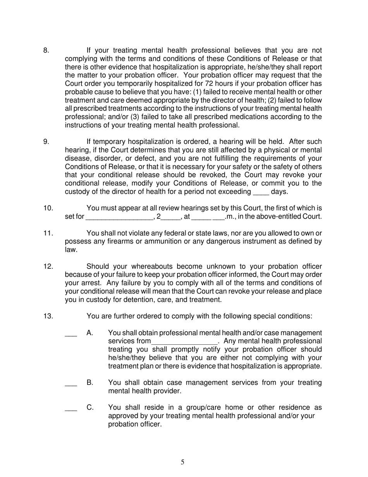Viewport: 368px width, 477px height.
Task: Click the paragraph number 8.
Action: [46, 50]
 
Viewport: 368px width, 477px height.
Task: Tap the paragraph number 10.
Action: [48, 208]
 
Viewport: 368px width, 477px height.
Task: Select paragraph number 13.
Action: [48, 316]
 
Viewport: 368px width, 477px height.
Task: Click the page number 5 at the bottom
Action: [182, 462]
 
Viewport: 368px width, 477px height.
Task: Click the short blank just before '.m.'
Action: [218, 217]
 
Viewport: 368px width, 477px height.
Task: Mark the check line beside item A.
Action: [71, 334]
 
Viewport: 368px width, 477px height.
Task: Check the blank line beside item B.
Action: [71, 384]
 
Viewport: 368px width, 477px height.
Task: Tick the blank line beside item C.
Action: [71, 408]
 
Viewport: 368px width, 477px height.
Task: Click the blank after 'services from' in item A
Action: [185, 342]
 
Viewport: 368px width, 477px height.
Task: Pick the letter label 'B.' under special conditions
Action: [90, 383]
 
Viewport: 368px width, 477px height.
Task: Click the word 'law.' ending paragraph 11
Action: [71, 250]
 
